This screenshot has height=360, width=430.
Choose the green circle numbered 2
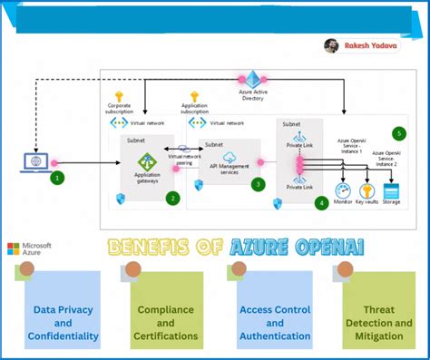pyautogui.click(x=172, y=197)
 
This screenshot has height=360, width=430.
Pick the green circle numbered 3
pyautogui.click(x=259, y=184)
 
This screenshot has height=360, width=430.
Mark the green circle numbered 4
pyautogui.click(x=321, y=204)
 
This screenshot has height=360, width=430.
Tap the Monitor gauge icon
pyautogui.click(x=344, y=191)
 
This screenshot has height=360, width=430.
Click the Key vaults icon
pyautogui.click(x=368, y=191)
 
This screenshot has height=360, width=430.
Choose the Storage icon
pyautogui.click(x=392, y=191)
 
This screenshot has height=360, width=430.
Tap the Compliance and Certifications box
pyautogui.click(x=165, y=314)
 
